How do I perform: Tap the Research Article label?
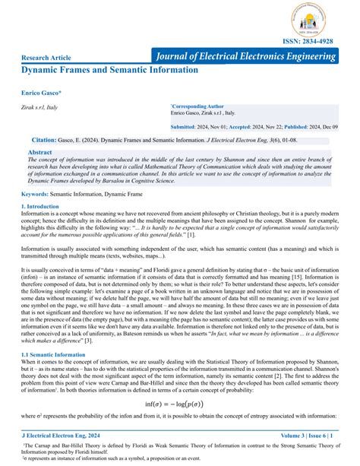(47, 58)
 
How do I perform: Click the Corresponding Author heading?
(197, 107)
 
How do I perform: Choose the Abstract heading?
(39, 153)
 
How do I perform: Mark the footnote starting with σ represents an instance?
(114, 459)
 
